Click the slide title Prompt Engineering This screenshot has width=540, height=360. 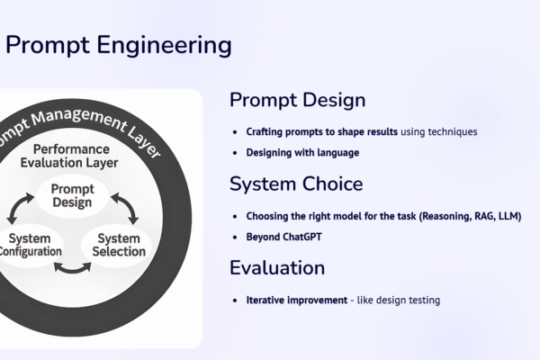pyautogui.click(x=118, y=44)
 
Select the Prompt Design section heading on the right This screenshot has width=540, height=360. pyautogui.click(x=297, y=100)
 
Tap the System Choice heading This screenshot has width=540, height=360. pyautogui.click(x=296, y=184)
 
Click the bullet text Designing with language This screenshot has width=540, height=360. pyautogui.click(x=302, y=152)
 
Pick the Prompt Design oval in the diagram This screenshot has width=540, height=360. pyautogui.click(x=72, y=195)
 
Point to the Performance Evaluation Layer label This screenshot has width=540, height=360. pyautogui.click(x=71, y=156)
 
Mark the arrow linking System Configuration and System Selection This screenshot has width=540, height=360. pyautogui.click(x=72, y=267)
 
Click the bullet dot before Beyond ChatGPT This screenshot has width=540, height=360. pyautogui.click(x=236, y=237)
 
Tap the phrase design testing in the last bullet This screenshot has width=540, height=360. pyautogui.click(x=409, y=300)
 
